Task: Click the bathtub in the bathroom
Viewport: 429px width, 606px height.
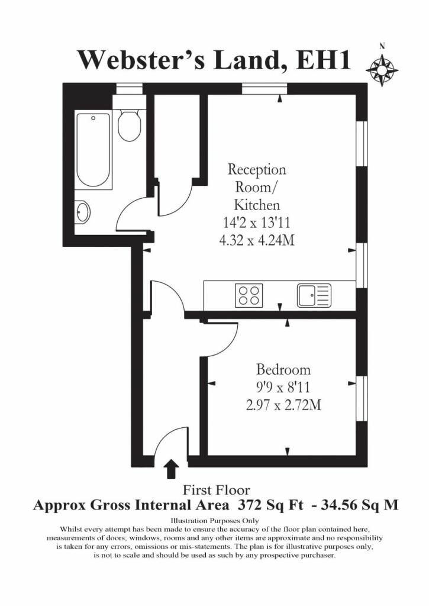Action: tap(93, 150)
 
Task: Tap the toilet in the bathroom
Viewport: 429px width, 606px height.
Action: tap(130, 124)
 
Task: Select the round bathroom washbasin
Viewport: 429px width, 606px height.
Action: tap(82, 211)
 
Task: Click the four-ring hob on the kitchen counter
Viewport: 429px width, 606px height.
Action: tap(249, 295)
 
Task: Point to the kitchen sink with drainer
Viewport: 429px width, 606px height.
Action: tap(314, 295)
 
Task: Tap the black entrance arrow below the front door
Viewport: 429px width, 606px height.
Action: tap(171, 469)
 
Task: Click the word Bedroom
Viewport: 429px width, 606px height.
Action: tap(283, 369)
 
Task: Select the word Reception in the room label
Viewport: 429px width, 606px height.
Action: tap(257, 170)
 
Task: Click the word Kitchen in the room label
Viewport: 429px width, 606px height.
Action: tap(257, 204)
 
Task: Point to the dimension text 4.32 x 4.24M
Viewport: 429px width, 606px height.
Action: tap(257, 240)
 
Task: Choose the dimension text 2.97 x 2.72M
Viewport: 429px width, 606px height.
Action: tap(283, 405)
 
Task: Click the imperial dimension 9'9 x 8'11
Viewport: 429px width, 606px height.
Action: tap(283, 387)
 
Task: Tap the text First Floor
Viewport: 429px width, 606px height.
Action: tap(216, 490)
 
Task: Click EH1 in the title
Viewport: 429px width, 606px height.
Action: tap(323, 60)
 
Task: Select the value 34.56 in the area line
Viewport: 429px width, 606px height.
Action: tap(340, 505)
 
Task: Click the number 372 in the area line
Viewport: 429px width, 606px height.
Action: tap(249, 505)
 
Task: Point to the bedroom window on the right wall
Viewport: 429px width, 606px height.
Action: tap(361, 398)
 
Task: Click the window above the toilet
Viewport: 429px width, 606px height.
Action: tap(130, 89)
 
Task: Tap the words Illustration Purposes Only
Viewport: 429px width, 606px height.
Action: tap(215, 521)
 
